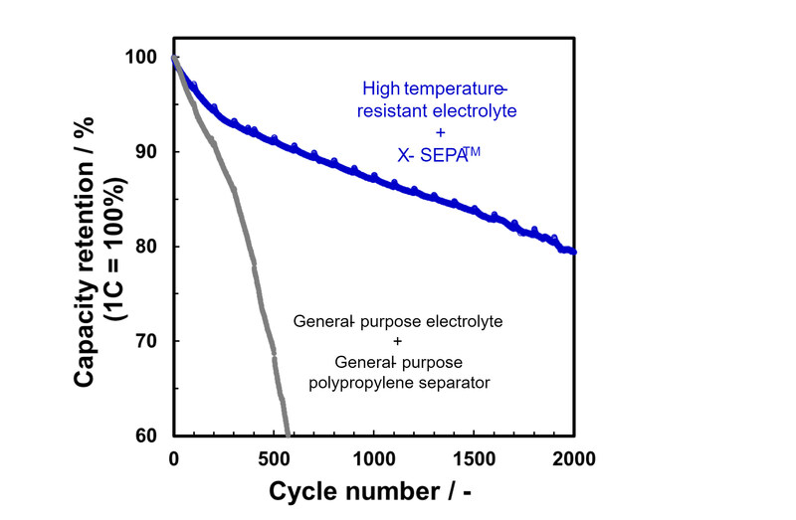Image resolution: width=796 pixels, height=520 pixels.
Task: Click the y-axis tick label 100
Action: pos(141,58)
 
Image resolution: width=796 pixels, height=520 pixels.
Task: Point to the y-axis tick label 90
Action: pos(147,152)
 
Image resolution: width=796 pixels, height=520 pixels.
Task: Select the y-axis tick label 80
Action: pos(147,247)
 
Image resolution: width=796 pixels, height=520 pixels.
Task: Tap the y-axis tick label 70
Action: pos(147,341)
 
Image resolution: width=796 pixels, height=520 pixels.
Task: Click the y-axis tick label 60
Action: pos(147,435)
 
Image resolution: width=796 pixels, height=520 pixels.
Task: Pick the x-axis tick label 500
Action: pos(274,459)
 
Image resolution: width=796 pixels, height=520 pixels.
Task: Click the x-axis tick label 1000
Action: pos(374,459)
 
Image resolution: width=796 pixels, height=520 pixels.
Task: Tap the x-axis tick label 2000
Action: pos(574,459)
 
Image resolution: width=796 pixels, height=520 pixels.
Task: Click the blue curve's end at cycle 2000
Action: pos(574,252)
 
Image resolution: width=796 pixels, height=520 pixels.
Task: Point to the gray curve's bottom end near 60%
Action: pos(288,433)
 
